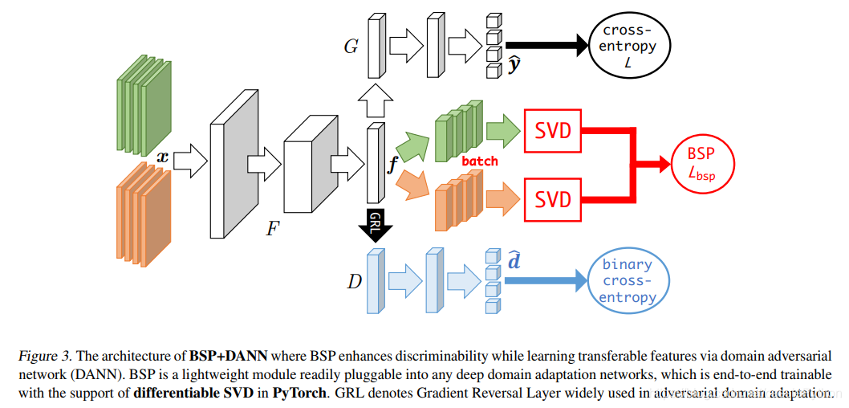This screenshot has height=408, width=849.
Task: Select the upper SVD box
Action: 552,131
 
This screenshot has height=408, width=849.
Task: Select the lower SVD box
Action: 552,199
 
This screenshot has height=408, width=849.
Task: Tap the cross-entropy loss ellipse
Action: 629,47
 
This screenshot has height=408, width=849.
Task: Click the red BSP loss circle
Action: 701,162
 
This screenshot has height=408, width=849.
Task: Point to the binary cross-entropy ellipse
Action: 629,280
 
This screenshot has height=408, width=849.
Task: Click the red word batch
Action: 480,161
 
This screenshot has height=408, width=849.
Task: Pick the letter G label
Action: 351,47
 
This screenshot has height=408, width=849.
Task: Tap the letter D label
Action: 354,282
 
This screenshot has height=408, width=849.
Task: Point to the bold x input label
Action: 162,157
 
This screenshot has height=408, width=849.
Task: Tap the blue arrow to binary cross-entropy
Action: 546,280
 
